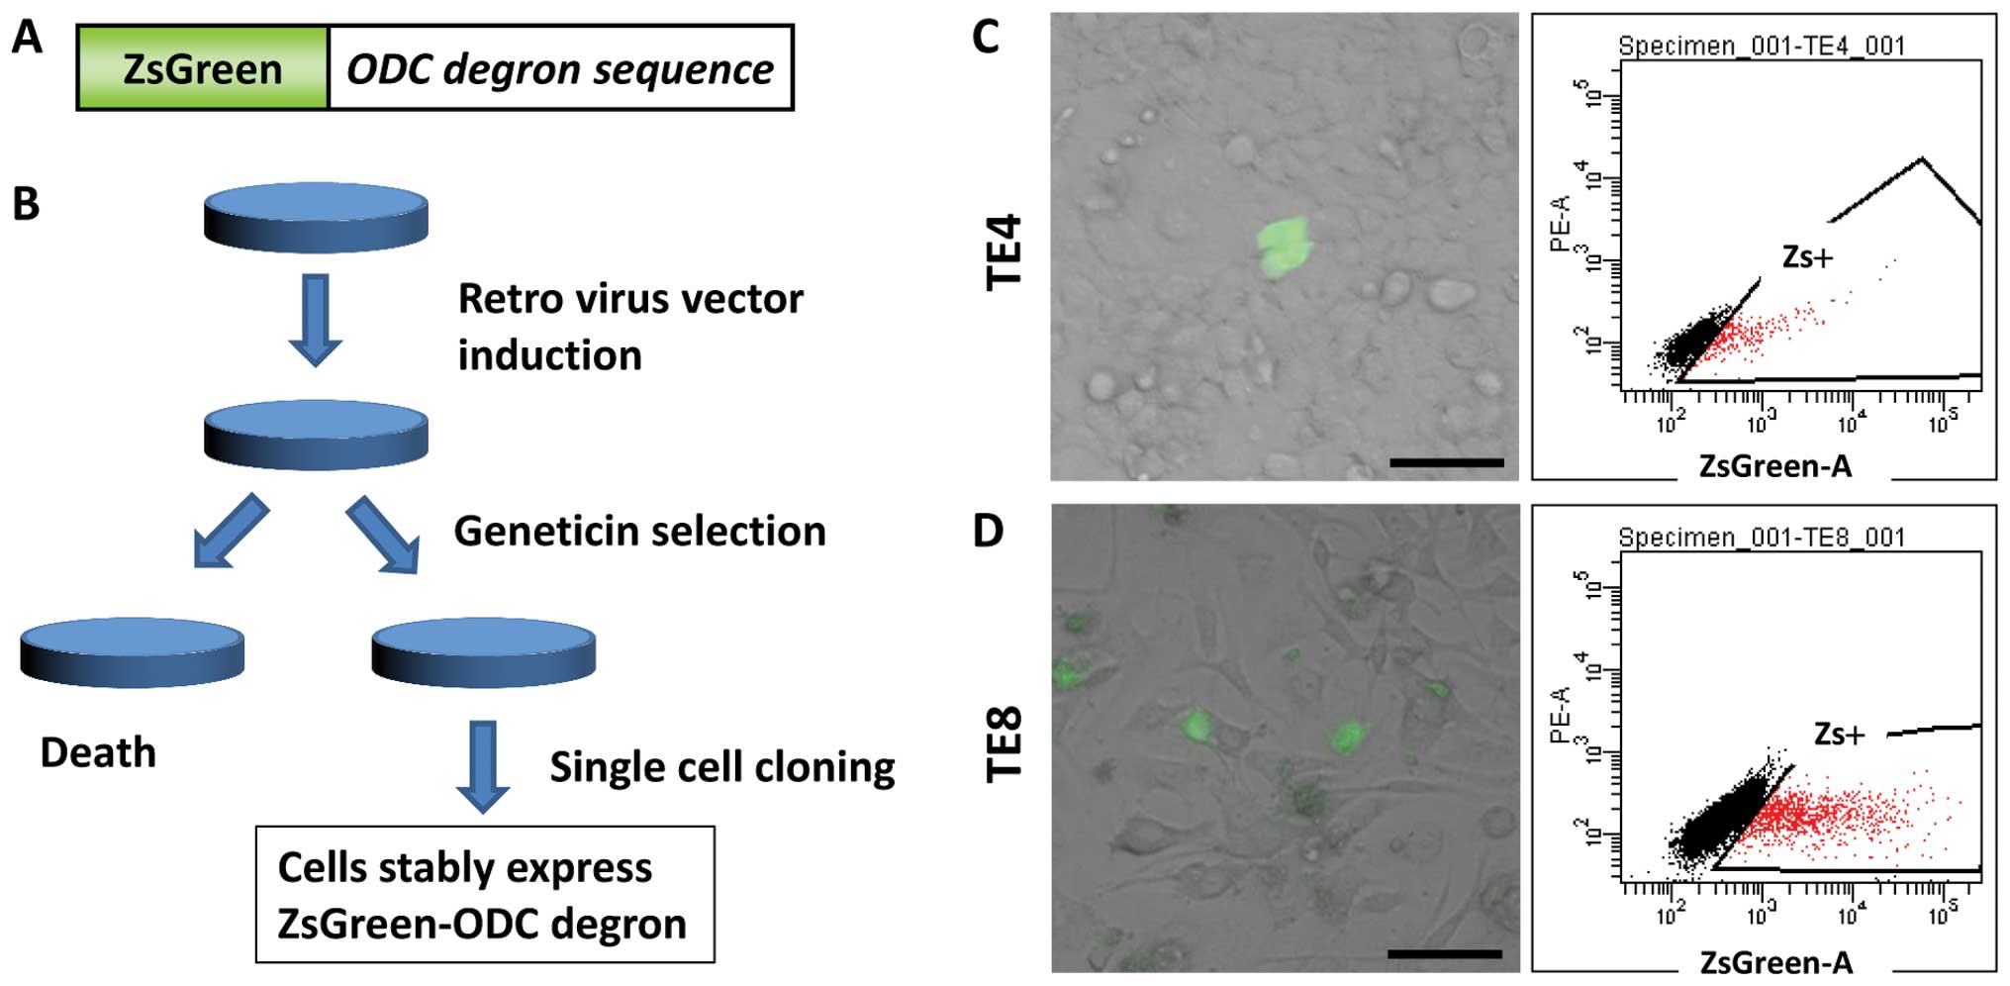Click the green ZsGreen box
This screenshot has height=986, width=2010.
click(203, 68)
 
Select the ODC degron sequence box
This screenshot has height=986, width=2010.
click(560, 68)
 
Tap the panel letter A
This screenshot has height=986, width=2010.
click(27, 39)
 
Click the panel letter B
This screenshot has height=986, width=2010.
click(26, 204)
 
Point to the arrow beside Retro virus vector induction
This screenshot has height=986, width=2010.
click(316, 321)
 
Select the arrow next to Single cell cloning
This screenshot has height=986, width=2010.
click(483, 766)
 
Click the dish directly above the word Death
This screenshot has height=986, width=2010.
click(133, 651)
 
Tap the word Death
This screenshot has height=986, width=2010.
click(98, 753)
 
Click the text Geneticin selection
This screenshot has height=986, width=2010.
click(639, 532)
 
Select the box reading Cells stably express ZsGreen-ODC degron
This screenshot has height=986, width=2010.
click(485, 895)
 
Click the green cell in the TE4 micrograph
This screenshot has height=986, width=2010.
click(1283, 246)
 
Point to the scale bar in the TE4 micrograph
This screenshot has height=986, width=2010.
click(1446, 462)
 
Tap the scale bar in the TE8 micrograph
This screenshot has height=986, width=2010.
click(1445, 954)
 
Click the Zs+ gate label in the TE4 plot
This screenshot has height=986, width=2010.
click(1807, 257)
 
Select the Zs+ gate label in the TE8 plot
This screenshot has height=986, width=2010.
click(1839, 734)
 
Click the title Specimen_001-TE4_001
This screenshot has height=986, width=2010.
click(1761, 46)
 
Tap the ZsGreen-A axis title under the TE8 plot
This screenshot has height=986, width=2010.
click(1775, 962)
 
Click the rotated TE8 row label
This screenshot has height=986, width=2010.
click(1005, 744)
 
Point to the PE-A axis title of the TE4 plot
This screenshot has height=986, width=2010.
click(1561, 223)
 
